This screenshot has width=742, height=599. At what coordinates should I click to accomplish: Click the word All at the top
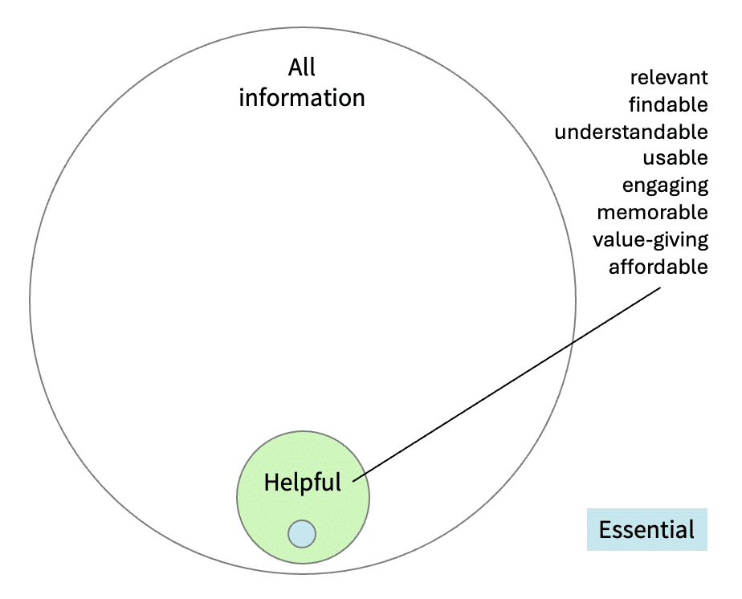pos(302,67)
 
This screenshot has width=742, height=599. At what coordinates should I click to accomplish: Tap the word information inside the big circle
pos(302,98)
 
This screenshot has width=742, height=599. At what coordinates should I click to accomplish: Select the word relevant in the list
pos(669,78)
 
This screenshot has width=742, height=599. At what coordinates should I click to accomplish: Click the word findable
pos(669,104)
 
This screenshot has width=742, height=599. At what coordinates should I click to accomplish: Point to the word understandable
pos(631,132)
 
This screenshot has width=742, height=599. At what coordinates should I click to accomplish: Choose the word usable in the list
pos(675,158)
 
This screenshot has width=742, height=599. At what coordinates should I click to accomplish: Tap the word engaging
pos(665,185)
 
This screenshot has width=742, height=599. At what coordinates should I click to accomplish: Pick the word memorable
pos(652,213)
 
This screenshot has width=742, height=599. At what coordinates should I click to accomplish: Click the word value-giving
pos(650,240)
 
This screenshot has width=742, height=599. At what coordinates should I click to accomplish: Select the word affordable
pos(658,267)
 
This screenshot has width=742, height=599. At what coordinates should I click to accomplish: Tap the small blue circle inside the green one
pos(302,533)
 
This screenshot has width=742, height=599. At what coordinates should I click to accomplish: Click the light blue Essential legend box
pos(646,530)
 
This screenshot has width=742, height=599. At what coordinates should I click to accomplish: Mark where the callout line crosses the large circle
pos(572,343)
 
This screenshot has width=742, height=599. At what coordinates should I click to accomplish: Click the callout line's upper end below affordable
pos(658,288)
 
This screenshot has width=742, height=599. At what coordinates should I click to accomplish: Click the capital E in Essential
pos(605,530)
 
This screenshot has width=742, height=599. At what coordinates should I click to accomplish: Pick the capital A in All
pos(294,67)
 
